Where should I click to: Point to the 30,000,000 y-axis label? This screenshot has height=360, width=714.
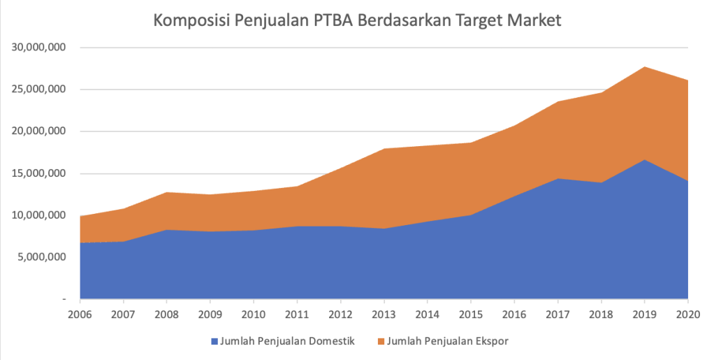click(38, 48)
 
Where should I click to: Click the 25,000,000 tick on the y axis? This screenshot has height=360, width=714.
click(38, 89)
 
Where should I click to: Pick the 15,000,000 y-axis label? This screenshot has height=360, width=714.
click(38, 173)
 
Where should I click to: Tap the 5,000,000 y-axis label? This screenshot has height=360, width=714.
click(41, 257)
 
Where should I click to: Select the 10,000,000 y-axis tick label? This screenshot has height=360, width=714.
click(38, 215)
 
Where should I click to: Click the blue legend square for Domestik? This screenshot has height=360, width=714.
click(214, 341)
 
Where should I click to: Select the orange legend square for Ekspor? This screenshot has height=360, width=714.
click(381, 341)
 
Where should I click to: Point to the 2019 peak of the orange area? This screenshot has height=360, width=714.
click(645, 68)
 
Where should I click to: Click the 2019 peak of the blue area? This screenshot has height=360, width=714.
click(645, 161)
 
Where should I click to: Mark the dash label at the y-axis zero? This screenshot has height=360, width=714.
click(64, 298)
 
